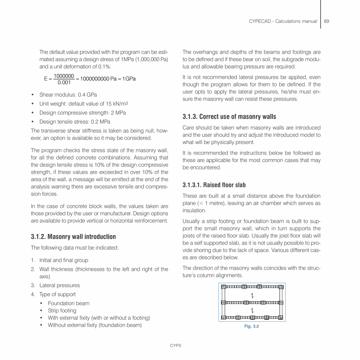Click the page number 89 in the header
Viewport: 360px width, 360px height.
[x=326, y=21]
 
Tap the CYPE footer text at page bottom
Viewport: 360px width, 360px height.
[x=175, y=346]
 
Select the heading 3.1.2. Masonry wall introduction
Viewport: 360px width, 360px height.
[x=73, y=237]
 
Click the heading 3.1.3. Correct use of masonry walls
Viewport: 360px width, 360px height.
[x=229, y=117]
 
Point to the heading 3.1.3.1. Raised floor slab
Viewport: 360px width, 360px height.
[x=214, y=185]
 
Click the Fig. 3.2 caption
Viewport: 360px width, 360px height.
[x=252, y=326]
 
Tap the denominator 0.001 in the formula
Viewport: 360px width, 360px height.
[x=64, y=82]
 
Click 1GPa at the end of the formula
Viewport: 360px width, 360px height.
[x=129, y=79]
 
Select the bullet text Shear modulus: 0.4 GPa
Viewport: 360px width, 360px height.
[x=68, y=95]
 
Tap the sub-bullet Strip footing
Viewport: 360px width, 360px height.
[x=62, y=311]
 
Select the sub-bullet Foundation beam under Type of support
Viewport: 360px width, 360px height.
[x=68, y=303]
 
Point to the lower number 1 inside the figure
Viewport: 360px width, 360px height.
[x=252, y=310]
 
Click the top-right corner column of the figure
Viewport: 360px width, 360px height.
[x=281, y=287]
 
